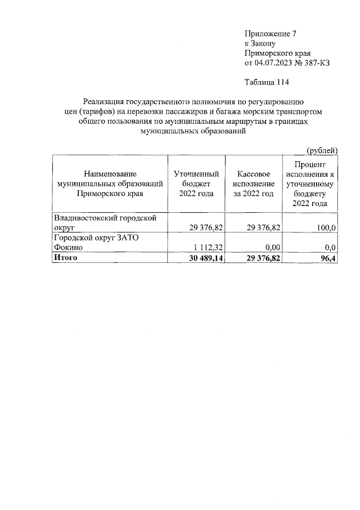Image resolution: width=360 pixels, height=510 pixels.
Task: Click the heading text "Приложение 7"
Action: [x=267, y=33]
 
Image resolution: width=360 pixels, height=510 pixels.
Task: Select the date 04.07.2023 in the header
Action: [x=273, y=63]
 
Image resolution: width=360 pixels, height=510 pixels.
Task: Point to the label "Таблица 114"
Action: [x=267, y=84]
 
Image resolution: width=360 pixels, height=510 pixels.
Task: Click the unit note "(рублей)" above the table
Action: [x=321, y=150]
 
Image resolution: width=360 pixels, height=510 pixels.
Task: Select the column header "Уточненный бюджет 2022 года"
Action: [x=196, y=184]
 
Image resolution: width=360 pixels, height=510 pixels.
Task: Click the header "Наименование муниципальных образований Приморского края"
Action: [x=110, y=184]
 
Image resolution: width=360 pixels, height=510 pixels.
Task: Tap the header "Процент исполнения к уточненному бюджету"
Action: [x=310, y=184]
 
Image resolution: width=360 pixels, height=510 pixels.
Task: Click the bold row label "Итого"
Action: [x=65, y=258]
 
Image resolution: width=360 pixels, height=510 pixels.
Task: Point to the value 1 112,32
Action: [x=203, y=248]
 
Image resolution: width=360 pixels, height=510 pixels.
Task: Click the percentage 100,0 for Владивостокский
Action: [x=326, y=227]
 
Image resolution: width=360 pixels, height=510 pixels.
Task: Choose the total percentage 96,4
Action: [x=328, y=258]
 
